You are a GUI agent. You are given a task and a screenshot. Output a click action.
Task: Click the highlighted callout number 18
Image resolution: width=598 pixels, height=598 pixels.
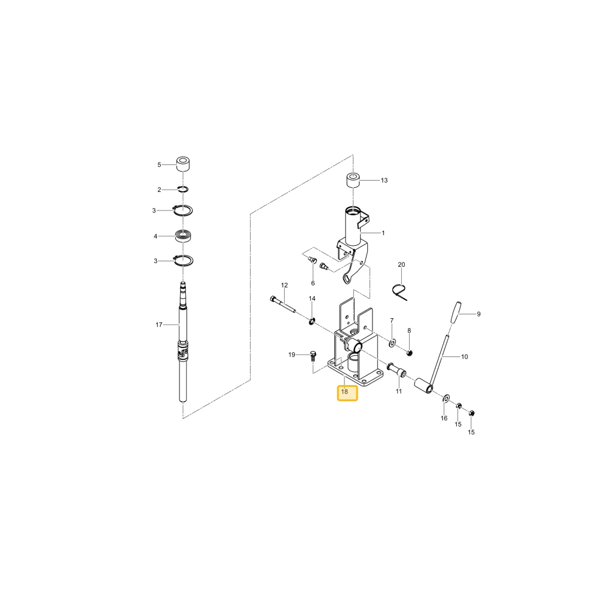344,392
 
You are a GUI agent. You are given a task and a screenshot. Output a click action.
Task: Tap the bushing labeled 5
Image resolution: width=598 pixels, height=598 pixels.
183,164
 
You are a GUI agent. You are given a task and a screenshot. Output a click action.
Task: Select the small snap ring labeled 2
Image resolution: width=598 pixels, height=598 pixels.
183,189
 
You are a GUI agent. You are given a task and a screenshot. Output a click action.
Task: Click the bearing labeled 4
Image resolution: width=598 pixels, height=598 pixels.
183,236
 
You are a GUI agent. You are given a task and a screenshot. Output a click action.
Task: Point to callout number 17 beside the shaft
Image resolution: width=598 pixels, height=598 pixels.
159,325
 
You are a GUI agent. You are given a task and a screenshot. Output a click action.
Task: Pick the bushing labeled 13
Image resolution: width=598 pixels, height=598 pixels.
353,181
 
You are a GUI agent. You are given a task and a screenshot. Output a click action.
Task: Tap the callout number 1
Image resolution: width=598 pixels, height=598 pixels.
383,233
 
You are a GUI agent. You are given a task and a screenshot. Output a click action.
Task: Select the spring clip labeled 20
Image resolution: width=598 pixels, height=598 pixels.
399,292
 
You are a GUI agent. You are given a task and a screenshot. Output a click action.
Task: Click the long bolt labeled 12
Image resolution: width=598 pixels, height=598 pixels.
283,305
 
